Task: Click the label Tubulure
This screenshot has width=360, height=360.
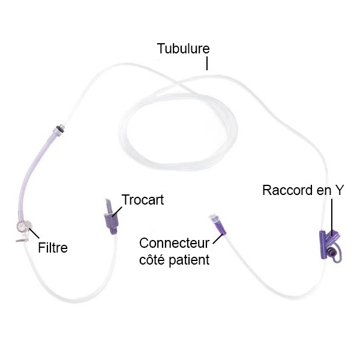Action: tap(184, 49)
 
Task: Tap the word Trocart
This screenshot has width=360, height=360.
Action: tap(142, 200)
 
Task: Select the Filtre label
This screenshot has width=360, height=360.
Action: tap(53, 247)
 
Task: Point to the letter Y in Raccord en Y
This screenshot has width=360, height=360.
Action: tap(340, 190)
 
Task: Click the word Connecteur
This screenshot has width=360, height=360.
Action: tap(174, 243)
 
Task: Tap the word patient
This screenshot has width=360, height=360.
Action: tap(191, 260)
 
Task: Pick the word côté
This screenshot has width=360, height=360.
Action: tap(154, 260)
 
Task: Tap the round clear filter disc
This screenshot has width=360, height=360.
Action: tap(22, 227)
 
